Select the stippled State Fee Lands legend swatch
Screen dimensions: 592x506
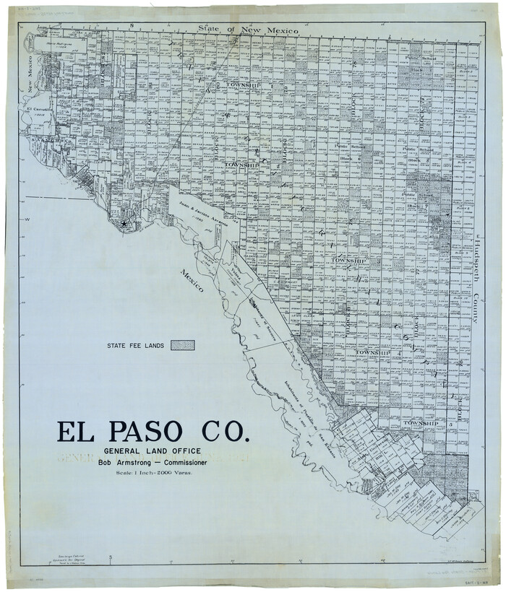(182, 346)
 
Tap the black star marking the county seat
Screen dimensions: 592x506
(124, 225)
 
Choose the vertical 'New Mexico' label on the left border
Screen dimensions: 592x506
(31, 73)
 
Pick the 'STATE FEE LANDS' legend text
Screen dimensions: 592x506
(134, 346)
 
